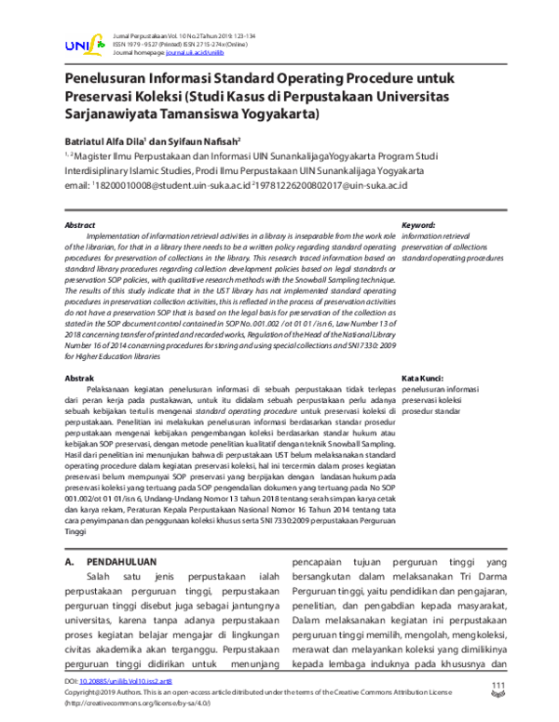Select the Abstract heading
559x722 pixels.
79,226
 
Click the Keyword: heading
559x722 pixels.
419,226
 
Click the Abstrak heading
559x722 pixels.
78,380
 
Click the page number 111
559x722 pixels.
498,686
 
